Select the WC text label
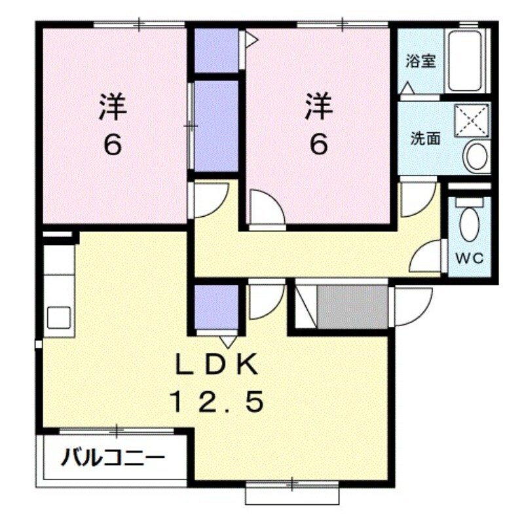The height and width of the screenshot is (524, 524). pos(470,257)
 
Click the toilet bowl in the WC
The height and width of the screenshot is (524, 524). pos(470,223)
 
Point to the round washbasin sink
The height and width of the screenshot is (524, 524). pos(476,157)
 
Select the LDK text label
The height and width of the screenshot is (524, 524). pos(217,364)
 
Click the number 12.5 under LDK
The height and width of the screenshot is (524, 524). pos(217,401)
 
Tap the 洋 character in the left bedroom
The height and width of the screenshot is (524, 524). pos(113,106)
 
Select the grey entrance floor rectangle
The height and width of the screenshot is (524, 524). pos(353,307)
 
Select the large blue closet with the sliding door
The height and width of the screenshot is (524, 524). pos(217,126)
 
